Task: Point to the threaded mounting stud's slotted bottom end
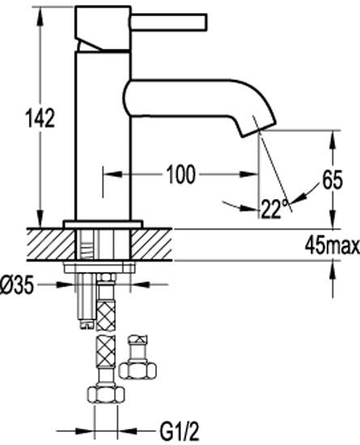pos(87,323)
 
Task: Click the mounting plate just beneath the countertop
pos(104,265)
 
